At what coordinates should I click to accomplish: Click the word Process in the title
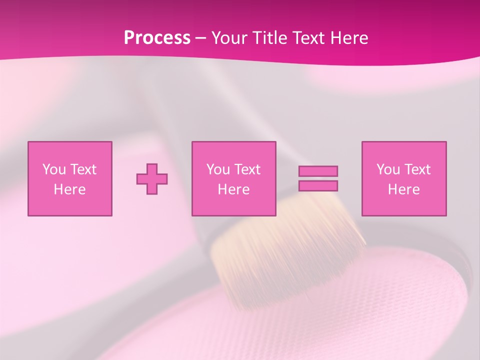(157, 38)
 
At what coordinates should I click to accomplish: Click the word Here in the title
(350, 38)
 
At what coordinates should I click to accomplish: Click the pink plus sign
(152, 179)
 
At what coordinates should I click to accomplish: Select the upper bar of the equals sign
(318, 171)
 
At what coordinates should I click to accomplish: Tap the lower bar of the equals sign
(318, 186)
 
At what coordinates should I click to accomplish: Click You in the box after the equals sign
(387, 169)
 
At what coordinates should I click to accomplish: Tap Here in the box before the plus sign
(69, 189)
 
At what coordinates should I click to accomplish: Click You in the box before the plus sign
(53, 169)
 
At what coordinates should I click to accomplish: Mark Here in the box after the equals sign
(403, 189)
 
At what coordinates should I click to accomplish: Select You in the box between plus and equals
(217, 169)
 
